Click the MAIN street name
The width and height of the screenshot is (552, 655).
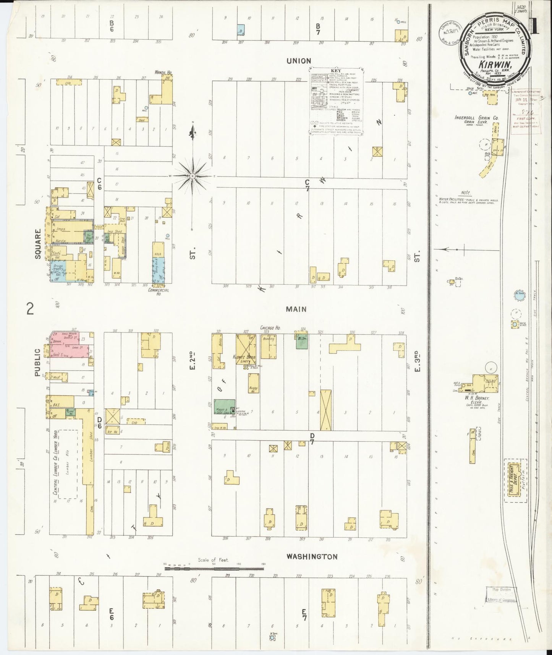[x=296, y=309]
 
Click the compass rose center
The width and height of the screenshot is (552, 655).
[x=193, y=176]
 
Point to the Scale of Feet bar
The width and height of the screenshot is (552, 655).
[x=214, y=569]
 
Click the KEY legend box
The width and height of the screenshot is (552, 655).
[x=336, y=101]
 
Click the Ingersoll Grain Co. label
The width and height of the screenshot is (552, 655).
[x=476, y=118]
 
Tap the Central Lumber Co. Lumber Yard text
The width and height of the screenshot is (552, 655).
[x=55, y=464]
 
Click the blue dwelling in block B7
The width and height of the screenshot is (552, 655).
[x=241, y=29]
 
